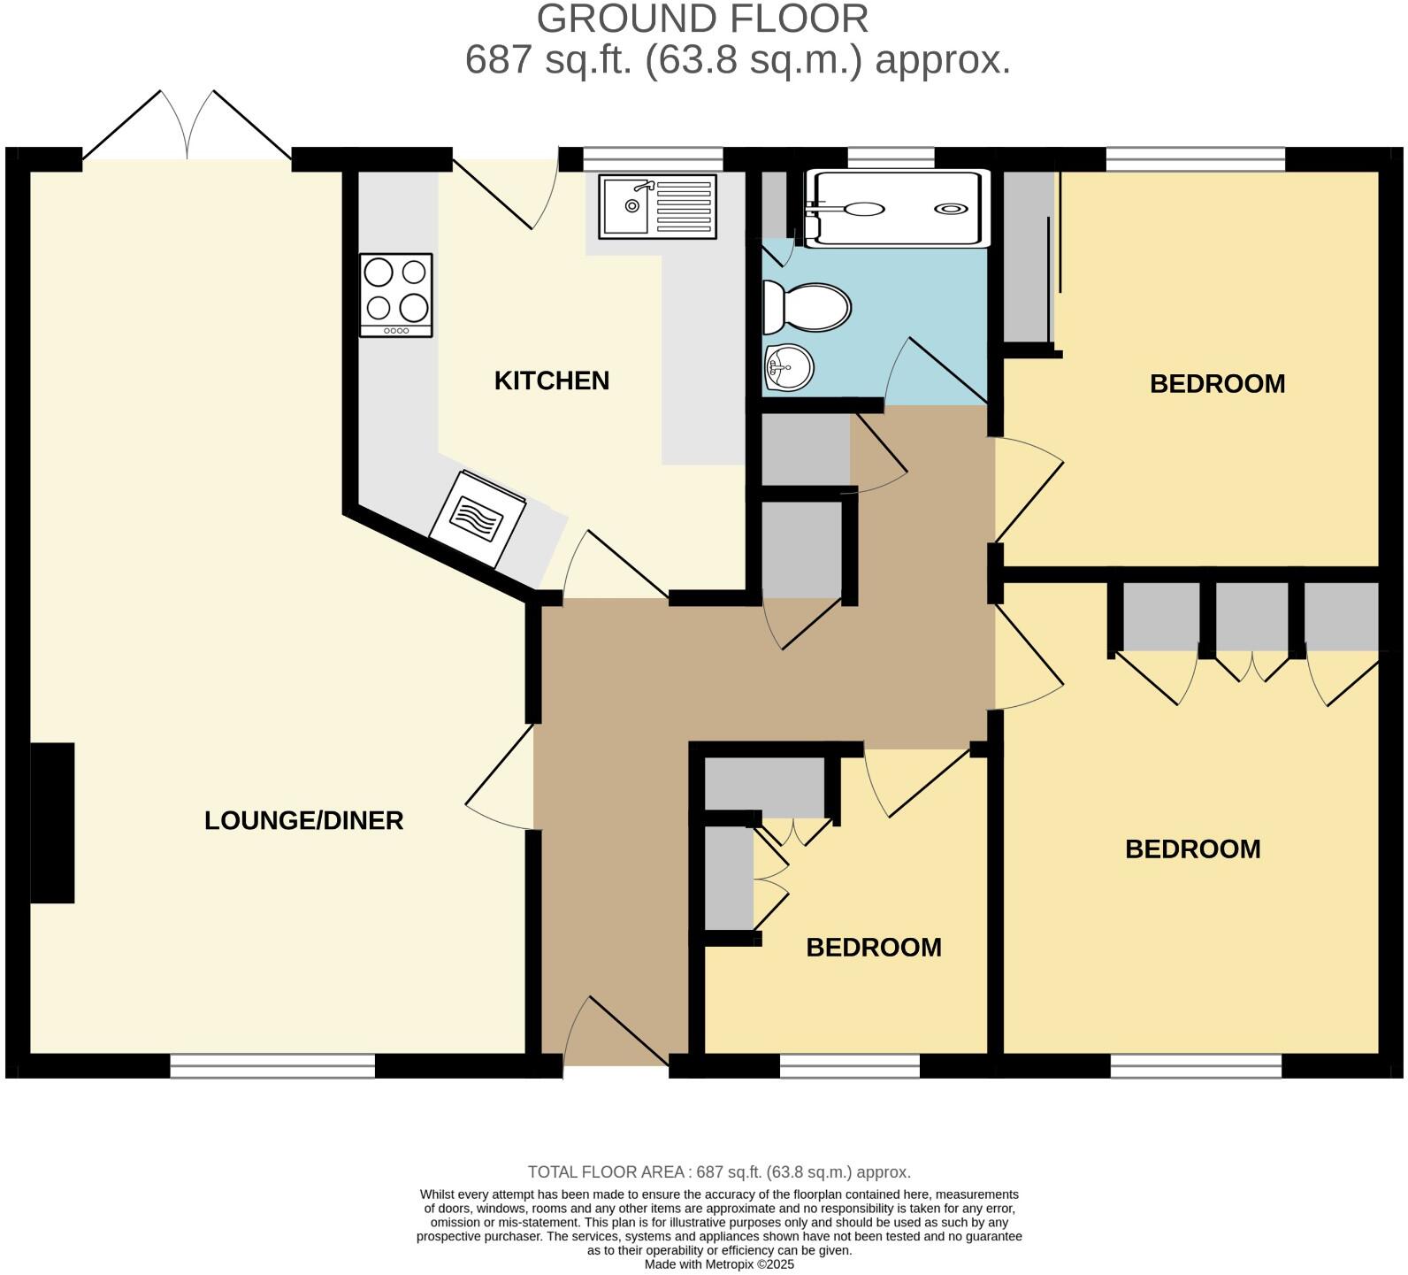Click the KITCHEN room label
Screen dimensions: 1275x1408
click(551, 380)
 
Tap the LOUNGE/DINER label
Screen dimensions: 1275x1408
click(303, 820)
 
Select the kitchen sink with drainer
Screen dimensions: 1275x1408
click(657, 206)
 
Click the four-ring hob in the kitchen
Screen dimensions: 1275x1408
click(395, 294)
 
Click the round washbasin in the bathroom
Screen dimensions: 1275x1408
click(789, 366)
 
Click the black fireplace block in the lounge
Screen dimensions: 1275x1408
click(52, 823)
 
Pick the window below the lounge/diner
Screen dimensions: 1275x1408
click(272, 1065)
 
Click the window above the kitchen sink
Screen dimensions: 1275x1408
click(653, 159)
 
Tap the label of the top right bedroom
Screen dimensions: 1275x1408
click(1217, 383)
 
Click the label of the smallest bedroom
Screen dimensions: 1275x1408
click(873, 947)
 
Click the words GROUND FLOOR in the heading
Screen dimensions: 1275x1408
click(702, 19)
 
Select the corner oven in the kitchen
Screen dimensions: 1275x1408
click(478, 518)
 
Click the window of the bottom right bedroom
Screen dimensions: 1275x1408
click(1196, 1065)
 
